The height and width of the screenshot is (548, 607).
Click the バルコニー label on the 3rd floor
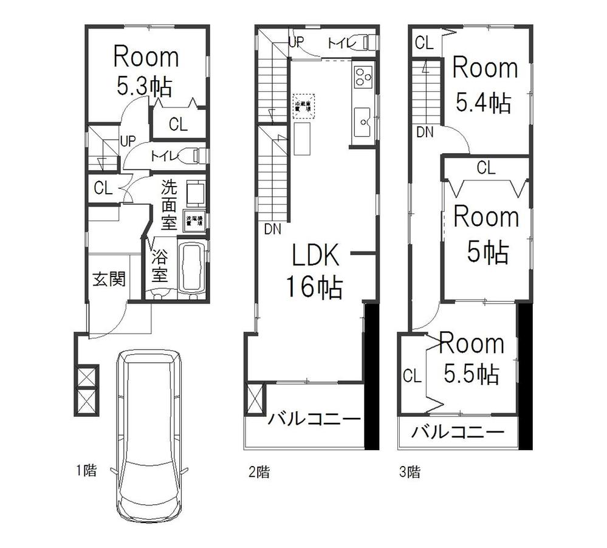tap(458, 433)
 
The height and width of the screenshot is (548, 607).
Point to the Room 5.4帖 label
tap(484, 84)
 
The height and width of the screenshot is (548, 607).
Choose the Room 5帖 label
tap(486, 234)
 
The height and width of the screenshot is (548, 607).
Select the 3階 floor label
tap(410, 471)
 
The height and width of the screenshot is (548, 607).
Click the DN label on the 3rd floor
tap(425, 131)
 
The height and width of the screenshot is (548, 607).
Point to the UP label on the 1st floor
tap(128, 141)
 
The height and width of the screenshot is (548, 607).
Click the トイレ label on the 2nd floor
tap(339, 43)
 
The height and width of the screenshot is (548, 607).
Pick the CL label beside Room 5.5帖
tap(412, 375)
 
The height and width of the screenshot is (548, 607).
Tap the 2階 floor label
tap(259, 471)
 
